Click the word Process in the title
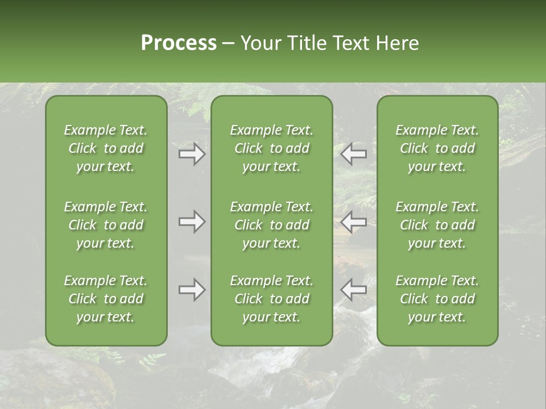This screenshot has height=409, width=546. tap(179, 43)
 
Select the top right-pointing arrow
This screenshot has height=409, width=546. tap(192, 154)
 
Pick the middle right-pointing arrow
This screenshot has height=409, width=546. tap(192, 222)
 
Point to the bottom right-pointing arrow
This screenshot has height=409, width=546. tap(192, 290)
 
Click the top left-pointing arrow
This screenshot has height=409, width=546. tap(353, 154)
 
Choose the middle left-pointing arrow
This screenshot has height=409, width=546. tap(353, 222)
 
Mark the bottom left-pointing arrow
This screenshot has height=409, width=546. tap(353, 290)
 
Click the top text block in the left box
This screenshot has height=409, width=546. tap(106, 148)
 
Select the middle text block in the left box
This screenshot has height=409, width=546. tap(106, 225)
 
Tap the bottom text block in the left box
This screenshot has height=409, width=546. tap(106, 299)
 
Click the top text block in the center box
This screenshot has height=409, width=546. tap(271, 148)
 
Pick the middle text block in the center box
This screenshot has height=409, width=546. tap(271, 225)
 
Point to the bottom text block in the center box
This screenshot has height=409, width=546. tap(271, 299)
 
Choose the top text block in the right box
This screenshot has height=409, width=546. tap(437, 148)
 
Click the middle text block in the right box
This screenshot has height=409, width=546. tap(437, 225)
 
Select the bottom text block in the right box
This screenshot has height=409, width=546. tap(437, 299)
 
